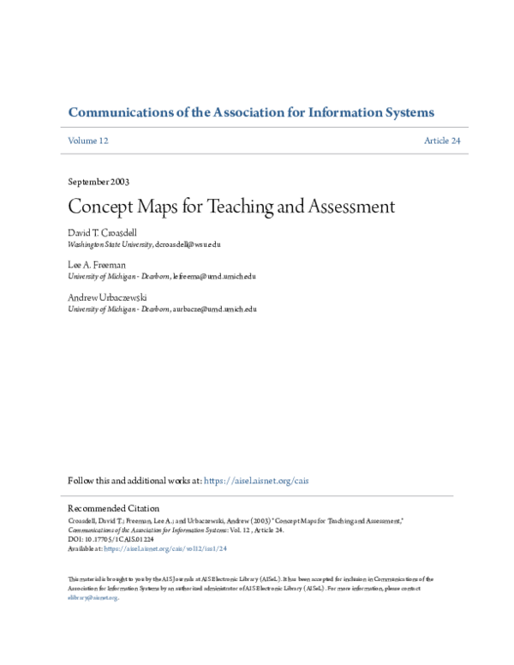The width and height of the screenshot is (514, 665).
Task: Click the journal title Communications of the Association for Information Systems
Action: pos(250,112)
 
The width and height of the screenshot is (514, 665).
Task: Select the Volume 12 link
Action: pos(88,141)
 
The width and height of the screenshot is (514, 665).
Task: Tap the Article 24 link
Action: pos(442,141)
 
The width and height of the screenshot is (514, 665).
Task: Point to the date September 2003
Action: pos(99,182)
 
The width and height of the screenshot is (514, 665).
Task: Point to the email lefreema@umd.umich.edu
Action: pos(214,277)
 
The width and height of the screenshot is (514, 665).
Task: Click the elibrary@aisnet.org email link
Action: pos(93,598)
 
